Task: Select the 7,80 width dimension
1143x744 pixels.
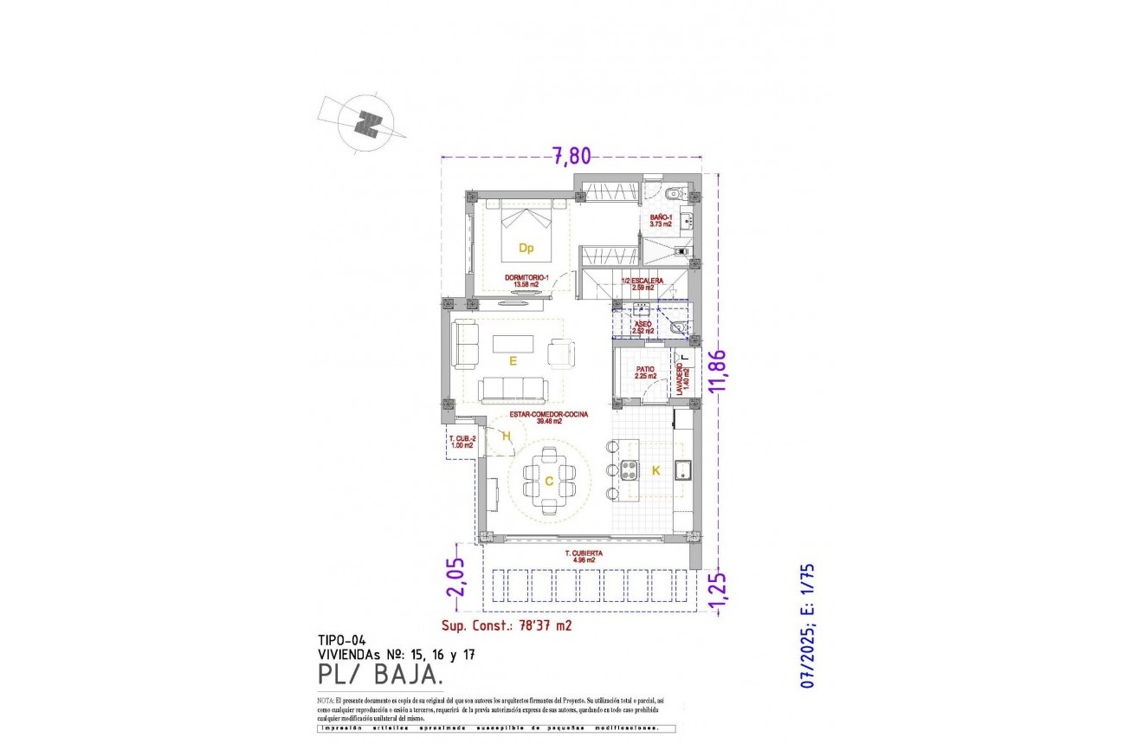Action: pos(571,156)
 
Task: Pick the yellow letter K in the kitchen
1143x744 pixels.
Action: pos(655,470)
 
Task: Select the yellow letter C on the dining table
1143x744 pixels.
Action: pos(548,481)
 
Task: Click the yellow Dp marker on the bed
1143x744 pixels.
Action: pos(526,248)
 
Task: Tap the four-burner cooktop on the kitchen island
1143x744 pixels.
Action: pos(630,471)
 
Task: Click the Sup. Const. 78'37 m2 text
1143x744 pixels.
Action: pos(507,624)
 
